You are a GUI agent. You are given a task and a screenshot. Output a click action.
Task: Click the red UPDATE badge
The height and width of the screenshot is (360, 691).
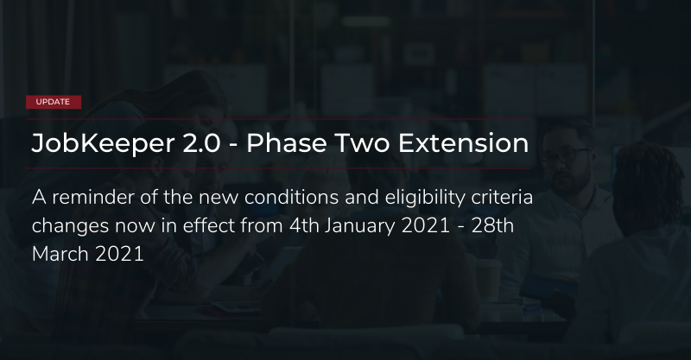point(54,102)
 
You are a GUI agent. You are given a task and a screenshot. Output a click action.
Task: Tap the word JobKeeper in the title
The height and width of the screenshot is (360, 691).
point(103,143)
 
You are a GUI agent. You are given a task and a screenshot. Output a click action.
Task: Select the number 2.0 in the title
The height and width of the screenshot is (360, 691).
point(201,143)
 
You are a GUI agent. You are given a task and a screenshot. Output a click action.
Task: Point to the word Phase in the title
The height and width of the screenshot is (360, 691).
point(287,143)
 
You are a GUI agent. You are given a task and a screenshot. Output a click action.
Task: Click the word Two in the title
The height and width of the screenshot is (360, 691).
point(362,143)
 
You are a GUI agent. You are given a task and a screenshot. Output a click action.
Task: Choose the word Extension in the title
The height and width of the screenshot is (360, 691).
point(463,143)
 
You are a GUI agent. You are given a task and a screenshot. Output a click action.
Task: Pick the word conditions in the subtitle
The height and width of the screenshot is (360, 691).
point(291,198)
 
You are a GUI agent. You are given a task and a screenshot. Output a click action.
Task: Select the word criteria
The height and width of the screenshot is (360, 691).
point(502,198)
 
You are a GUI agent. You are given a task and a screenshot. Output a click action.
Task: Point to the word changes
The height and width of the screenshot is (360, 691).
point(70,226)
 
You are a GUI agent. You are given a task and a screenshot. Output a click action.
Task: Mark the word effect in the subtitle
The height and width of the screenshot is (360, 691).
point(209,225)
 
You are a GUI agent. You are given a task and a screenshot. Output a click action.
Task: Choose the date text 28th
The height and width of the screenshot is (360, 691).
point(492,225)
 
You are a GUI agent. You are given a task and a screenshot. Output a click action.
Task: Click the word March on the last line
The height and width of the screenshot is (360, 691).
point(60,255)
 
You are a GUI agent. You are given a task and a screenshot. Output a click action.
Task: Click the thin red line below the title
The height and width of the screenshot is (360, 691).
point(278,168)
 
